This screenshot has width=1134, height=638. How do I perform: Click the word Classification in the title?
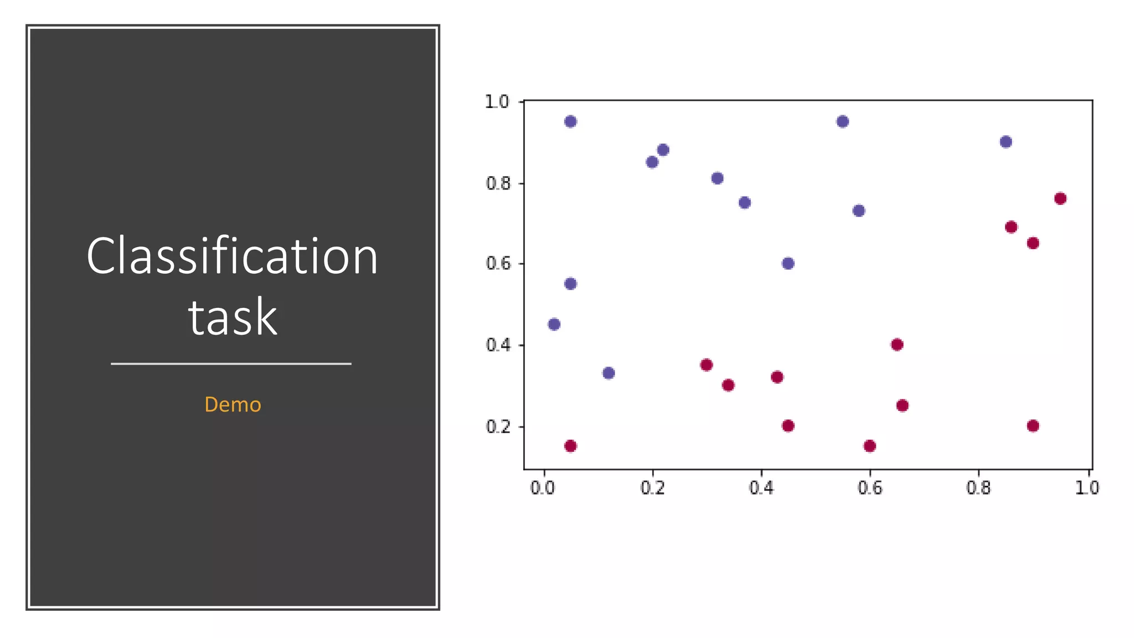click(x=232, y=256)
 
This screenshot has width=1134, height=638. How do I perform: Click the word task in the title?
click(x=233, y=317)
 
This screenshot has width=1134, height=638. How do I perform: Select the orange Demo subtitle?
click(x=233, y=404)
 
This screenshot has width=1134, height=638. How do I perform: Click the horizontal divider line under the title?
click(x=231, y=364)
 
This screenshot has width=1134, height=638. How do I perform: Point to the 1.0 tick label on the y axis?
click(x=497, y=102)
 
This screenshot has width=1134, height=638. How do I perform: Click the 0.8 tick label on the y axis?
click(x=498, y=183)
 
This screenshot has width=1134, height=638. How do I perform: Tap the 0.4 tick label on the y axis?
click(x=498, y=345)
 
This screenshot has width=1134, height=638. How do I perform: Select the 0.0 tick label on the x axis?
click(x=543, y=488)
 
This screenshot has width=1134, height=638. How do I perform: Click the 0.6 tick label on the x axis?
click(x=869, y=488)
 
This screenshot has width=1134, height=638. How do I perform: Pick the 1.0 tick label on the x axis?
click(x=1086, y=488)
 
